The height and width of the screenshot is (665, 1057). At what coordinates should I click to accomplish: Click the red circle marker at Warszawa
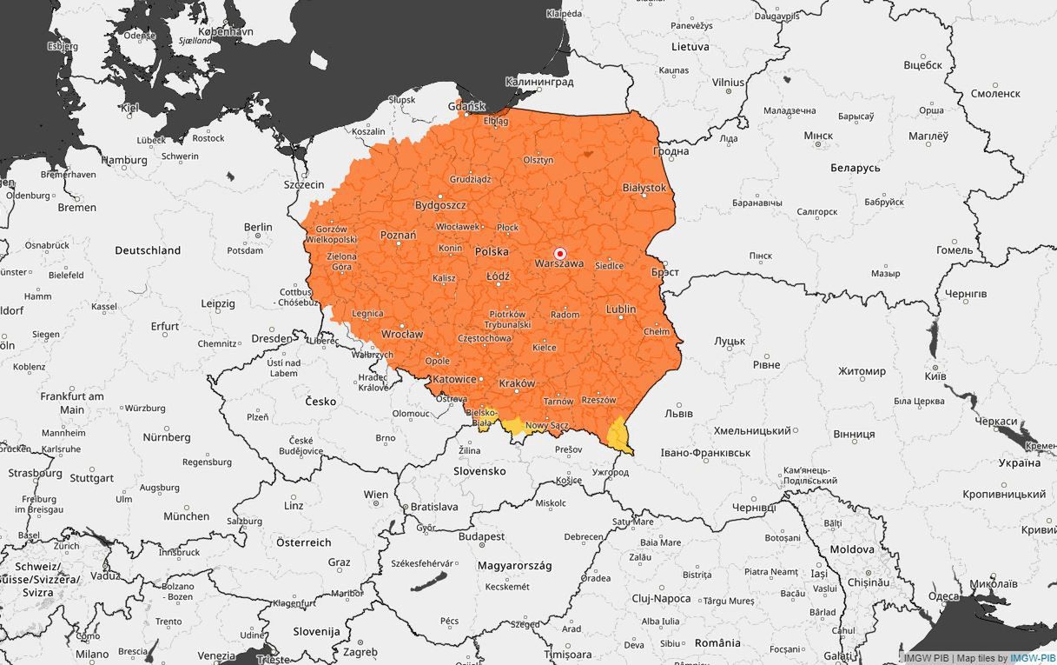(560, 252)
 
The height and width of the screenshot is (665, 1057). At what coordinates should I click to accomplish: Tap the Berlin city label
(258, 228)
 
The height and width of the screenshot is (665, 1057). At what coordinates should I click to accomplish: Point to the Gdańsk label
(466, 106)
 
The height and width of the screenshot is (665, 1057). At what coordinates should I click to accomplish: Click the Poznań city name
(398, 236)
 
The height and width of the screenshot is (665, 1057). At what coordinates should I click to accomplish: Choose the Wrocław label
(402, 334)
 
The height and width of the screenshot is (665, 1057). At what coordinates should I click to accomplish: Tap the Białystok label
(644, 188)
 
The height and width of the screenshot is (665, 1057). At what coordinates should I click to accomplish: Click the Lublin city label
(620, 309)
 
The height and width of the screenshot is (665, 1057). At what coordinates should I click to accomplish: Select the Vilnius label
(728, 82)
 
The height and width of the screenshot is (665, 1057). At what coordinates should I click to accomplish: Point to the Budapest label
(482, 537)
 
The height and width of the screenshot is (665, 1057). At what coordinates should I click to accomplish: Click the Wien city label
(376, 495)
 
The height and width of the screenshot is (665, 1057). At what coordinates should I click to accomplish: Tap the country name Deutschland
(148, 250)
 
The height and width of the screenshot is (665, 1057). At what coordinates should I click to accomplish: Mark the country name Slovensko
(479, 471)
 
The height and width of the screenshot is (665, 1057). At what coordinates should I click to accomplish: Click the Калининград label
(539, 82)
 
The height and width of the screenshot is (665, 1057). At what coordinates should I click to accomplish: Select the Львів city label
(678, 414)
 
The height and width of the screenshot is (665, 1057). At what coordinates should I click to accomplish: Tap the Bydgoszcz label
(440, 205)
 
